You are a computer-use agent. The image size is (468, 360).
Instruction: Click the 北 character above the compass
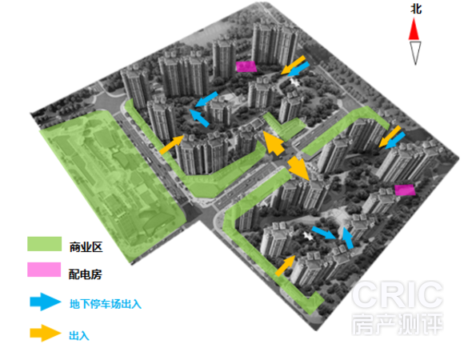coord(416,9)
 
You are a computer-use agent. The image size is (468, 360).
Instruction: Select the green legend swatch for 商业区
coord(45,244)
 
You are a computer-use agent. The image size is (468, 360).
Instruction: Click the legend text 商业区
coord(86,247)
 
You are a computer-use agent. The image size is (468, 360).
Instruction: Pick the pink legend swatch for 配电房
coord(44,270)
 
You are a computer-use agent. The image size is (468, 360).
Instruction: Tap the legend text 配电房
coord(86,274)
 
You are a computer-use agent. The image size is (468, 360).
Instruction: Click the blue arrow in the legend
coord(46,302)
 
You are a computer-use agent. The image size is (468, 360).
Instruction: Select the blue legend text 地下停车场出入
coord(106,304)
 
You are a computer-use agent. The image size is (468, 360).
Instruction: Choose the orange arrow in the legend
coord(46,333)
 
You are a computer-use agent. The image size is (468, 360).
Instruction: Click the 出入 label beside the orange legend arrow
coord(79,335)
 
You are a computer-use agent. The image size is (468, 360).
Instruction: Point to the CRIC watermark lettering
coord(398,294)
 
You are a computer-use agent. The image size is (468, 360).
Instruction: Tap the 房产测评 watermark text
coord(398,324)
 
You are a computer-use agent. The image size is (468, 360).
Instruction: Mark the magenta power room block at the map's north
coord(246,66)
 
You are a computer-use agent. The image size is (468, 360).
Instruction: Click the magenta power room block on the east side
coord(405,190)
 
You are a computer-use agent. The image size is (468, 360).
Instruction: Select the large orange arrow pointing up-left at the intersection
coord(274,142)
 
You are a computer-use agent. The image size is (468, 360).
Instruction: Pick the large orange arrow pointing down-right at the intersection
coord(299,168)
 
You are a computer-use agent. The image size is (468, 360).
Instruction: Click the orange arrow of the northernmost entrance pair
coord(293,65)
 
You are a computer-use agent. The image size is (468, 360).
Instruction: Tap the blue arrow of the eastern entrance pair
coord(395,141)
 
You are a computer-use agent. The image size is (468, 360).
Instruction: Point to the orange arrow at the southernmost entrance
coord(285,266)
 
